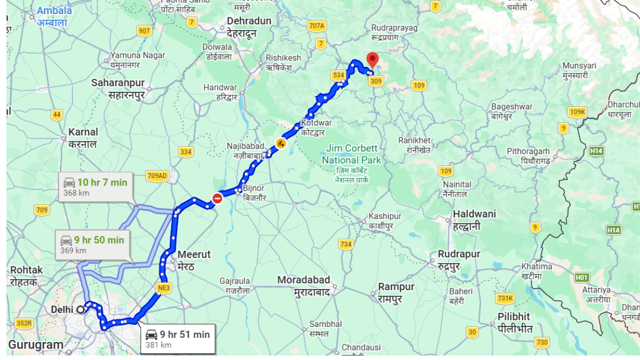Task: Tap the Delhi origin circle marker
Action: click(80, 309)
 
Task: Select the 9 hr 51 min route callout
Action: click(177, 338)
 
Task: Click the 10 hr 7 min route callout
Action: click(95, 187)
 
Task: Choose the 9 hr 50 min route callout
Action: click(92, 244)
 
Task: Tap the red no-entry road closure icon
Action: click(217, 198)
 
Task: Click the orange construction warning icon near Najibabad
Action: click(281, 143)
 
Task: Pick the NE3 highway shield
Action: click(163, 288)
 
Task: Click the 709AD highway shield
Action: click(157, 175)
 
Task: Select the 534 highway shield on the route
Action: click(338, 75)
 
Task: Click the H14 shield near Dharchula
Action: click(595, 150)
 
